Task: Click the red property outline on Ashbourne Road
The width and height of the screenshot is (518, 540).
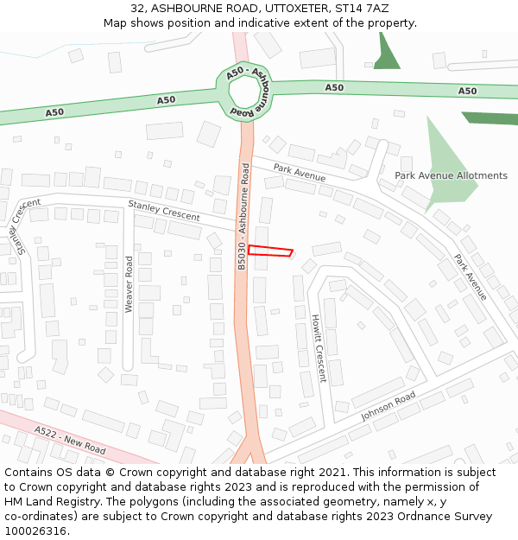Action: coord(270,251)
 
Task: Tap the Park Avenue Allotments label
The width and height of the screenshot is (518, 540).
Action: coord(451,175)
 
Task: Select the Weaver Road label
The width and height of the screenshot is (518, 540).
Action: coord(129,284)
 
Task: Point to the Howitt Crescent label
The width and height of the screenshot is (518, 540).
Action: coord(318,348)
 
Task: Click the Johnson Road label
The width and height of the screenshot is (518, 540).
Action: coord(388,406)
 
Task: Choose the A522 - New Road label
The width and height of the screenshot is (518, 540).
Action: coord(70,440)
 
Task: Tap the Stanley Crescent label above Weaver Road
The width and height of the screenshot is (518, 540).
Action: coord(164,210)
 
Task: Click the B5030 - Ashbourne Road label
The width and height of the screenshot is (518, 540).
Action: coord(244,216)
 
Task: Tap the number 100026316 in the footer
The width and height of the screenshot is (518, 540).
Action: coord(36,531)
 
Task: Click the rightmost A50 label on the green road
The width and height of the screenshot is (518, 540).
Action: coord(467,91)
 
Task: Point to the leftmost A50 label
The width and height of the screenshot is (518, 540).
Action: coord(54,111)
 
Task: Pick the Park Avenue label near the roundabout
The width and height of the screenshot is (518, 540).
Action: coord(300,172)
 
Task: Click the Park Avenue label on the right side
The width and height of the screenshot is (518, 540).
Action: coord(471,277)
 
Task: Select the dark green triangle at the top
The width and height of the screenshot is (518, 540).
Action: coord(388,56)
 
